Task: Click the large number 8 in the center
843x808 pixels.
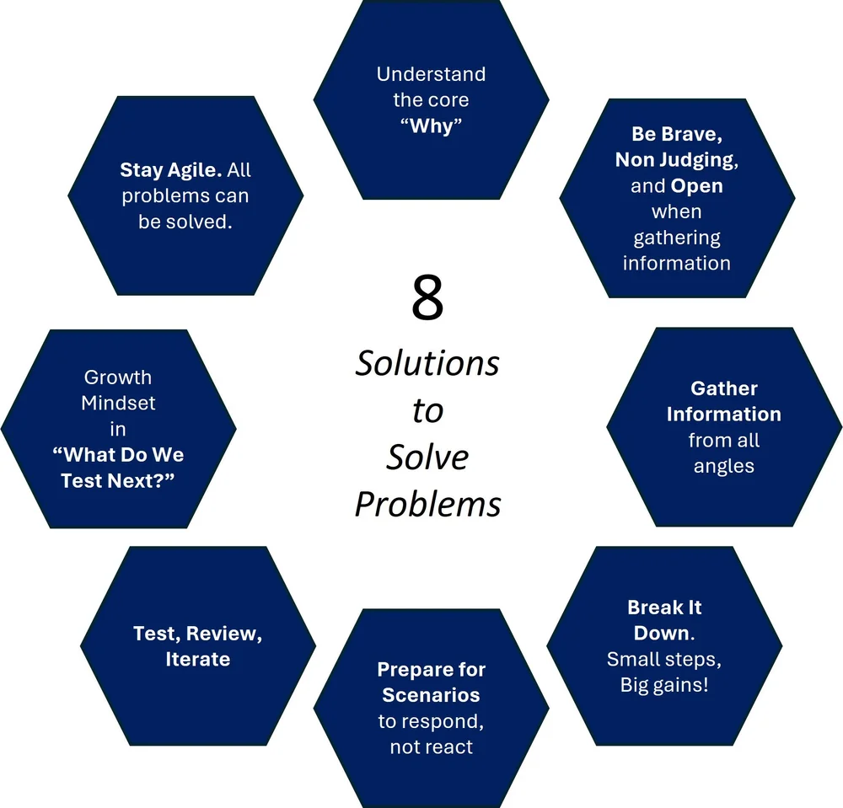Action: click(427, 298)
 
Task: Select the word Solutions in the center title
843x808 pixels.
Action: click(427, 364)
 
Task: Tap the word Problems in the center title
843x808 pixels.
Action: click(427, 504)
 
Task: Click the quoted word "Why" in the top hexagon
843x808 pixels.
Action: click(431, 126)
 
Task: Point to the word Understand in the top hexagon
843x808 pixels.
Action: click(431, 74)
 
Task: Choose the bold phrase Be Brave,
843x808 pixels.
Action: click(677, 134)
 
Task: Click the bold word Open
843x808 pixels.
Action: click(696, 185)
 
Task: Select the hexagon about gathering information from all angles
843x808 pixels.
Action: click(723, 427)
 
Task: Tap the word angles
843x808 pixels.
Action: click(723, 466)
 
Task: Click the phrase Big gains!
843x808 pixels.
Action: click(664, 685)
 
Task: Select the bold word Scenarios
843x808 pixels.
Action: click(431, 696)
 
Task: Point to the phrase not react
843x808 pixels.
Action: click(431, 747)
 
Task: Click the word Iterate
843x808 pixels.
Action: click(198, 660)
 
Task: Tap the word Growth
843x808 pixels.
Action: click(118, 377)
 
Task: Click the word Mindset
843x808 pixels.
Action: click(118, 404)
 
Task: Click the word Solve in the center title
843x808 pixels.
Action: click(427, 458)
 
